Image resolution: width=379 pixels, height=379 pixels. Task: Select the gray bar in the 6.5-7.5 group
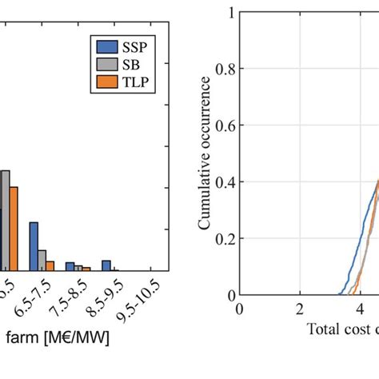tap(42, 260)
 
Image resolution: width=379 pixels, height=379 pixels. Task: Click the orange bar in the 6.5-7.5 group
tap(50, 265)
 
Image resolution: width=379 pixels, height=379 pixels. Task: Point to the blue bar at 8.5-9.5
tap(106, 265)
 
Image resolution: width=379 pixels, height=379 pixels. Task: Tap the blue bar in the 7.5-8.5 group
tap(70, 266)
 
